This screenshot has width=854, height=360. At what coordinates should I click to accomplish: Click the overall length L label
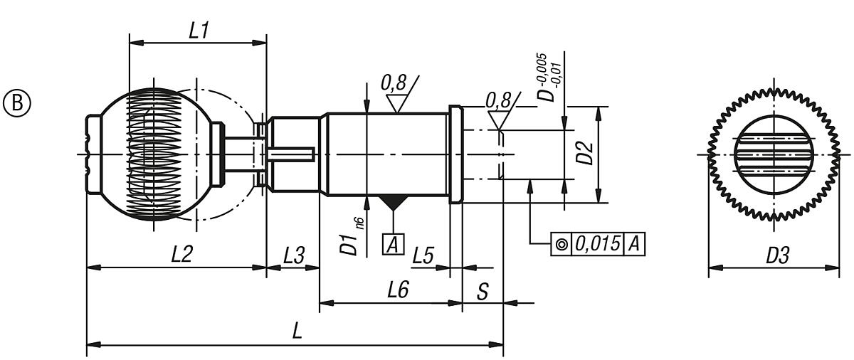tap(294, 332)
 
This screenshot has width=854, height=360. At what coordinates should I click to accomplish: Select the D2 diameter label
tap(586, 154)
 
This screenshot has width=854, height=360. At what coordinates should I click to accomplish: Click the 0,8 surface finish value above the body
tap(394, 83)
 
